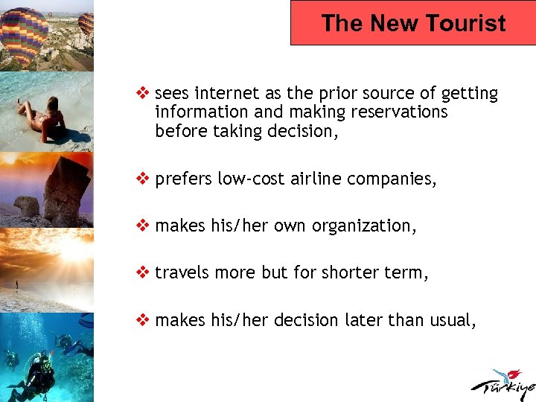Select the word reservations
coord(403,112)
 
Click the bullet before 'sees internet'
coord(144,94)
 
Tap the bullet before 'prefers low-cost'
coord(144,179)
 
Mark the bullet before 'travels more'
coord(144,273)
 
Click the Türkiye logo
coord(501,383)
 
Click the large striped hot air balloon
coord(25,33)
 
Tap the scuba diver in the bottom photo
coord(33,376)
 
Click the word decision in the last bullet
coord(307,320)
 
